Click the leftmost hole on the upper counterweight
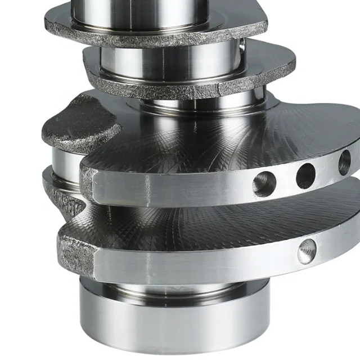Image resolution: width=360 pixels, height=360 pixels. pyautogui.click(x=264, y=184)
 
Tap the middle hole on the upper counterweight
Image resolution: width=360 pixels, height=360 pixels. pyautogui.click(x=305, y=175)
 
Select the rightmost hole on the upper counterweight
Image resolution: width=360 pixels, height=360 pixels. pyautogui.click(x=344, y=163)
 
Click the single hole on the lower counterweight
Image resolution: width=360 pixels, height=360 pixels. pyautogui.click(x=307, y=251)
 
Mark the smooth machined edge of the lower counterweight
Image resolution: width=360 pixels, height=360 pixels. pyautogui.click(x=197, y=264)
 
